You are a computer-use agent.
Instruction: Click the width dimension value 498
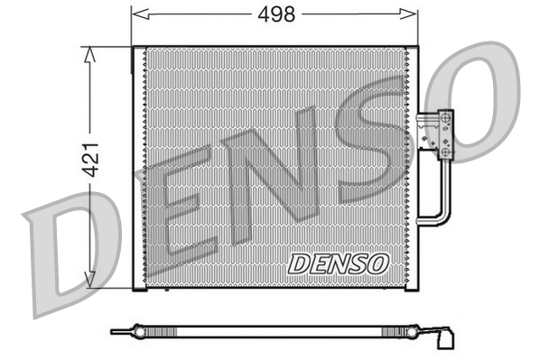(275, 14)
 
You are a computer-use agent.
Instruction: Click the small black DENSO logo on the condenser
(339, 263)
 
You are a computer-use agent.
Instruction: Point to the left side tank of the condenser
(138, 167)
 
